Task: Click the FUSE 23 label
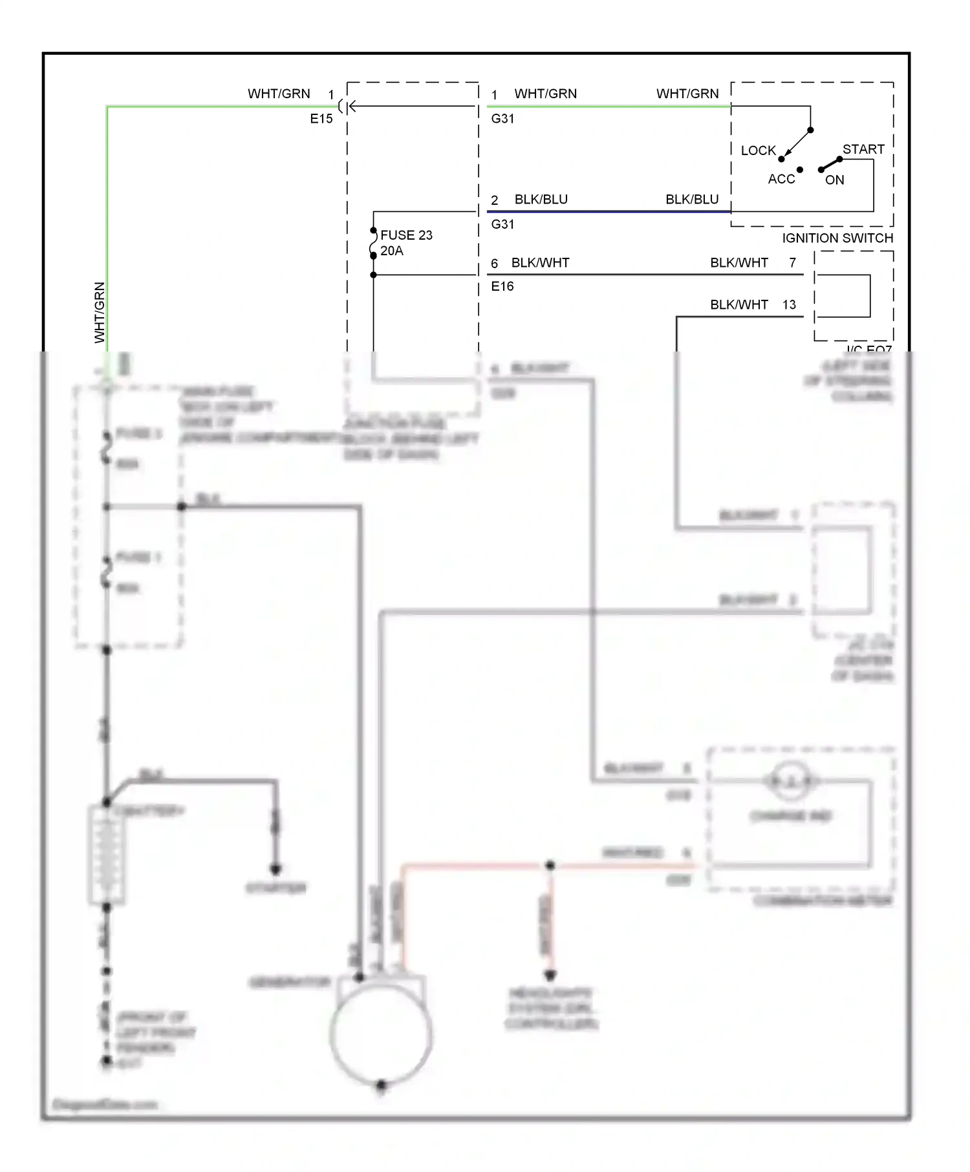pos(406,235)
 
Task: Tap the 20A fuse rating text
pos(392,251)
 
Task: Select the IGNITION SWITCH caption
pos(837,238)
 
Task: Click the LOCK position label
pos(758,151)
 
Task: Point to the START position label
pos(863,149)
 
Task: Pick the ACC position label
pos(781,179)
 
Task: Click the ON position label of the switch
pos(834,180)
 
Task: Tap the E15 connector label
pos(321,118)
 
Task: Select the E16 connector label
pos(502,286)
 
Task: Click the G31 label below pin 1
pos(502,118)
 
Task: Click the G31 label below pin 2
pos(502,224)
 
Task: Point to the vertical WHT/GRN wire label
pos(100,313)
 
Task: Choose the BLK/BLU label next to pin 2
pos(541,199)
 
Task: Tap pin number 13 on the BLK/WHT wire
pos(789,304)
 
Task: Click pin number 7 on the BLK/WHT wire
pos(792,262)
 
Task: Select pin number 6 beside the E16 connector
pos(494,263)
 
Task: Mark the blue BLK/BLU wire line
pos(608,211)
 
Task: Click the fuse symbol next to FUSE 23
pos(373,243)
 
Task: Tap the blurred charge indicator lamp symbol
pos(791,781)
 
